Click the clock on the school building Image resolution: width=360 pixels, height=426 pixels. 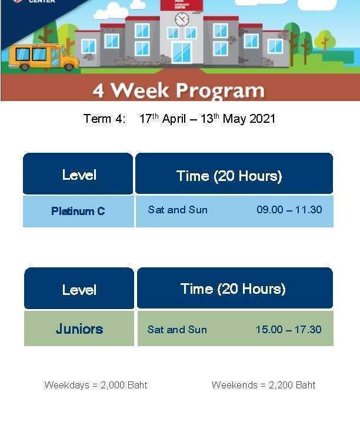coord(182,19)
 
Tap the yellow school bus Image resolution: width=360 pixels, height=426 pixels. coord(43,57)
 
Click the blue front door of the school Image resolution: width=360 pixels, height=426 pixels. coord(182,52)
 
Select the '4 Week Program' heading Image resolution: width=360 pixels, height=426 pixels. coord(179,90)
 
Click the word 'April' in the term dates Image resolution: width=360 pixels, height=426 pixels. coord(174,119)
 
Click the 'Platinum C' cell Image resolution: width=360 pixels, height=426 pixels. coord(78,211)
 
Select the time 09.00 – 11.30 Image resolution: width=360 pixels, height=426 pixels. coord(289,210)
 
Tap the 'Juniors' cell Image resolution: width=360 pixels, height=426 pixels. coord(79,328)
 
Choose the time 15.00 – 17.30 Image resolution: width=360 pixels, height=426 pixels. coord(288,330)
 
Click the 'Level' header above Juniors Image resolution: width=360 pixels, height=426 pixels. coord(79,289)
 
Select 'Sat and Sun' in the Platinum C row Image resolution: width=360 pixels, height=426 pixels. coord(178,210)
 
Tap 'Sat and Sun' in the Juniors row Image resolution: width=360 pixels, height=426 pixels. coord(177,330)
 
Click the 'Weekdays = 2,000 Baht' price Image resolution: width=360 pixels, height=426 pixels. coord(96,385)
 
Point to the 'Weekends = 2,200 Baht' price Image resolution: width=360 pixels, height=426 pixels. coord(263,385)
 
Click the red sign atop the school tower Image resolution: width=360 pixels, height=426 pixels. coord(182,5)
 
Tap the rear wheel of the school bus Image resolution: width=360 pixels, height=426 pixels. coord(25,66)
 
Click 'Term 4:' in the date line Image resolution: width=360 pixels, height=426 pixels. coord(105,119)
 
